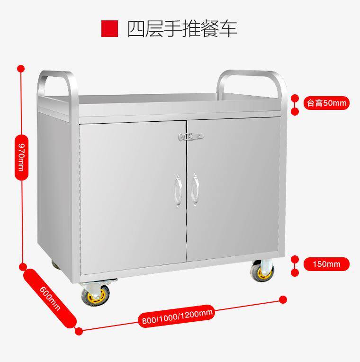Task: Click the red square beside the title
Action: pos(109,28)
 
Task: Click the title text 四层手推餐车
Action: pos(182,28)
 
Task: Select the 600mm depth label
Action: pos(50,298)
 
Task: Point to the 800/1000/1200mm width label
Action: pos(177,316)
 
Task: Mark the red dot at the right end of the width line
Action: pos(283,299)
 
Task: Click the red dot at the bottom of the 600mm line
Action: pos(79,331)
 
